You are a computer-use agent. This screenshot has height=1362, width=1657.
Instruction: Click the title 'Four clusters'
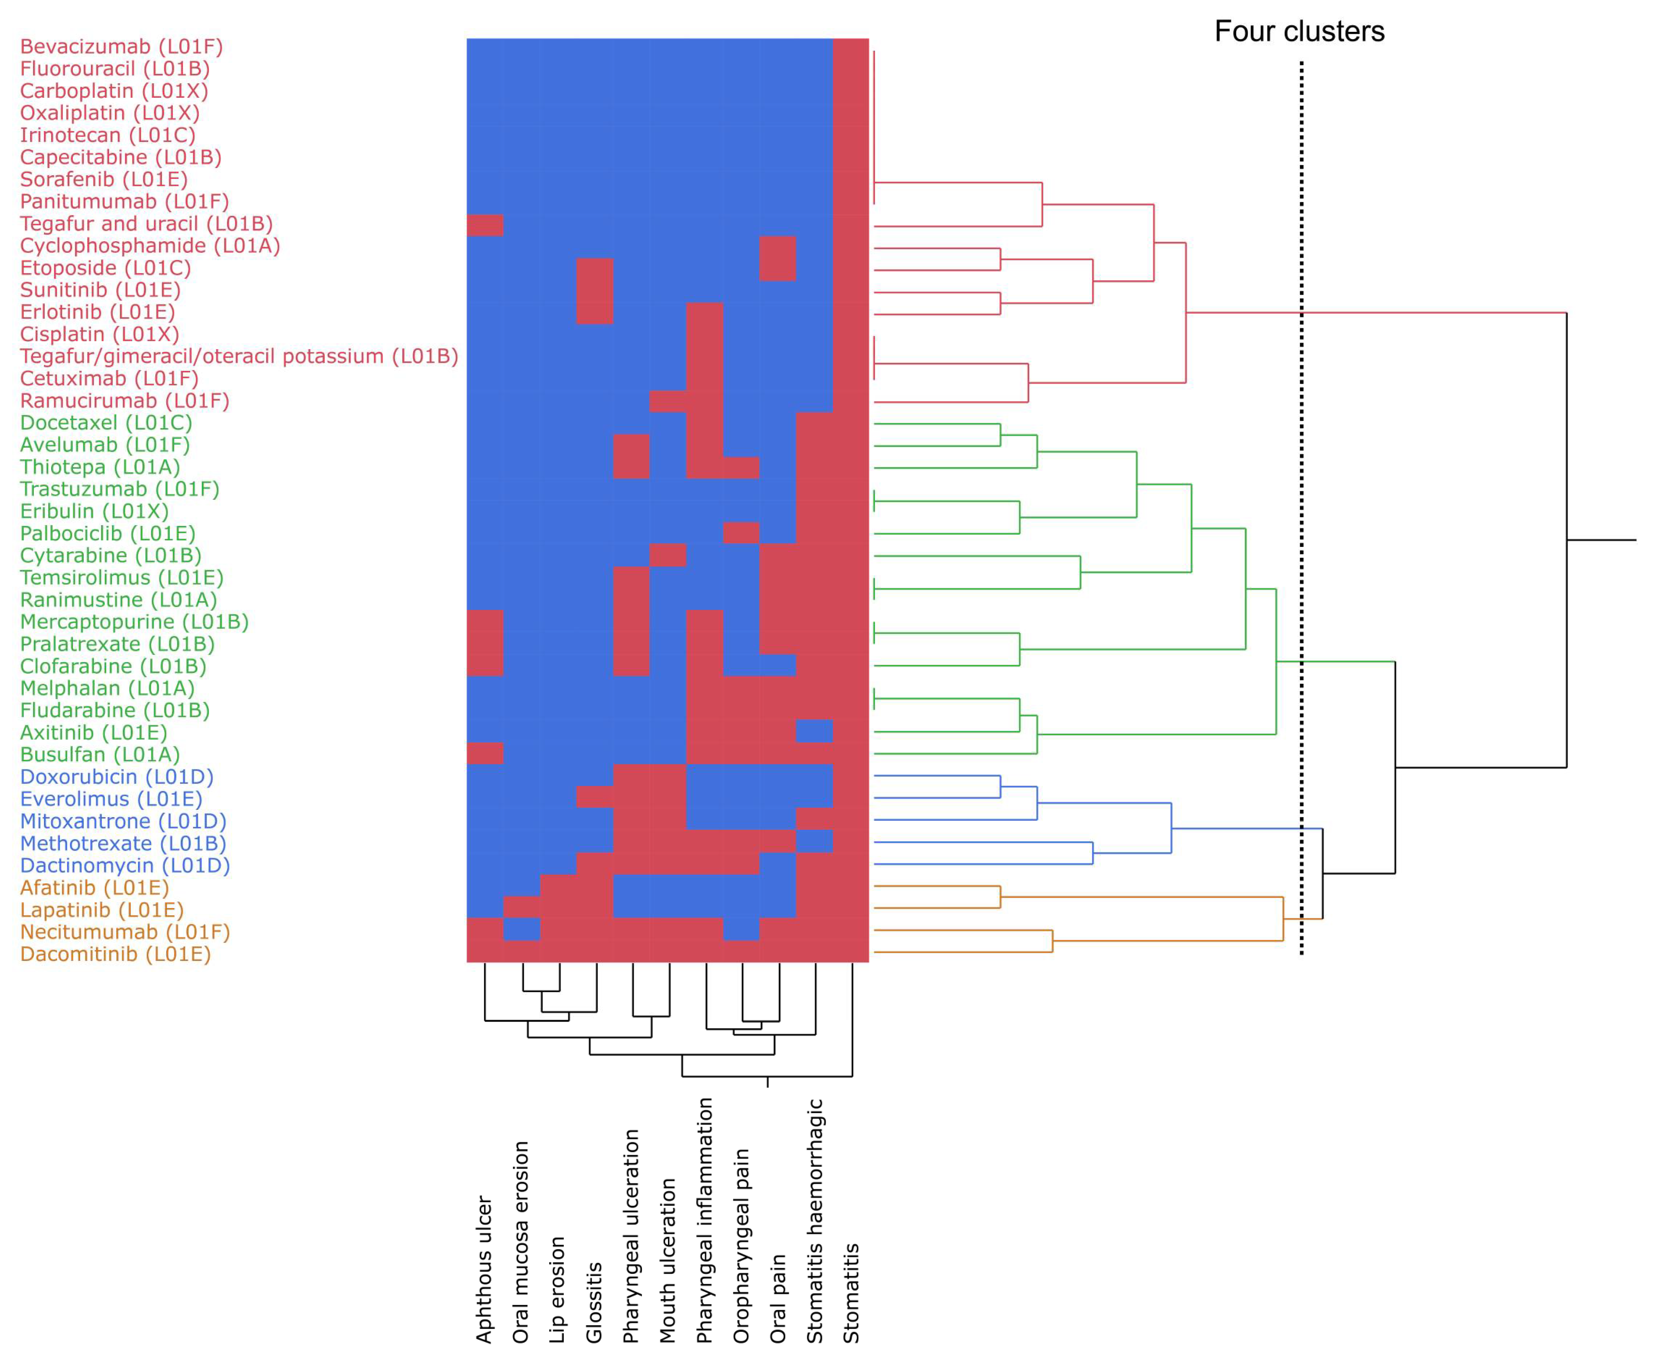coord(1299,31)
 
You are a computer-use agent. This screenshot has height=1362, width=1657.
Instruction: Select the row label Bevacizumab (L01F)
coord(122,47)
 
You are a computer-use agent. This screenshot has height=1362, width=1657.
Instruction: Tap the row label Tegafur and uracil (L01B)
coord(146,224)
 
